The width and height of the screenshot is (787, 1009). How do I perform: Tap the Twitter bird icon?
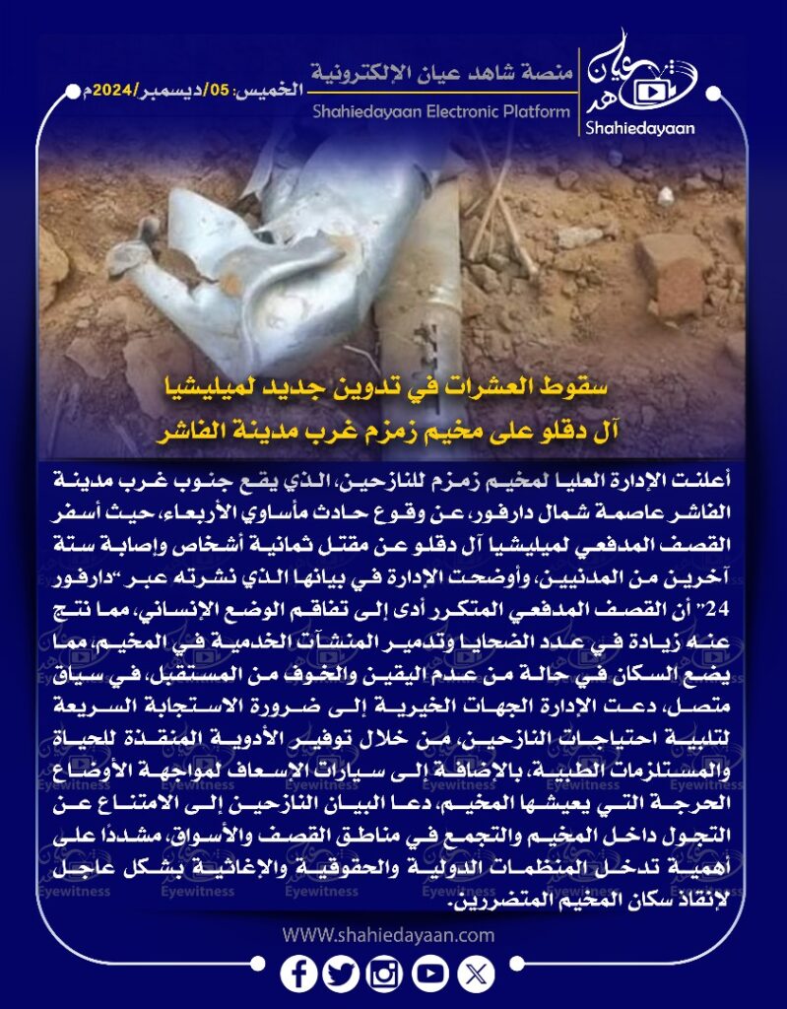(341, 975)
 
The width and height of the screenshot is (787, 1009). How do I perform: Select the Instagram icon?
(385, 975)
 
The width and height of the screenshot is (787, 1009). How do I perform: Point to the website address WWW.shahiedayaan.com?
(388, 934)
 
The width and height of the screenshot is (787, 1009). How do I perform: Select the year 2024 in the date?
(105, 89)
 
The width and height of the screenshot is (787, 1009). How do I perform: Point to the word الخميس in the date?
(272, 89)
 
